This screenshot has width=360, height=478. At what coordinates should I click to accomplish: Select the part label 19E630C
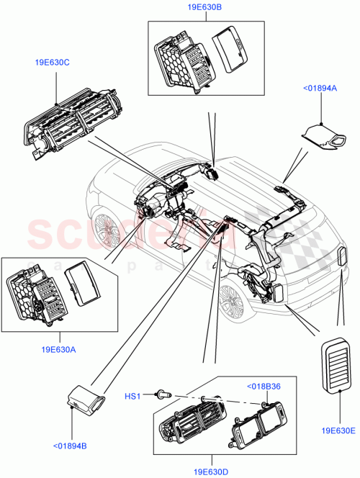tap(52, 62)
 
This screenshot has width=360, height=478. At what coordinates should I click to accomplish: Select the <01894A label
tap(317, 88)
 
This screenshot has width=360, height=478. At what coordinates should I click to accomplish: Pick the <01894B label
tap(70, 446)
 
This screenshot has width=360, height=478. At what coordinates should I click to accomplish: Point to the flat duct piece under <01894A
tap(321, 135)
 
